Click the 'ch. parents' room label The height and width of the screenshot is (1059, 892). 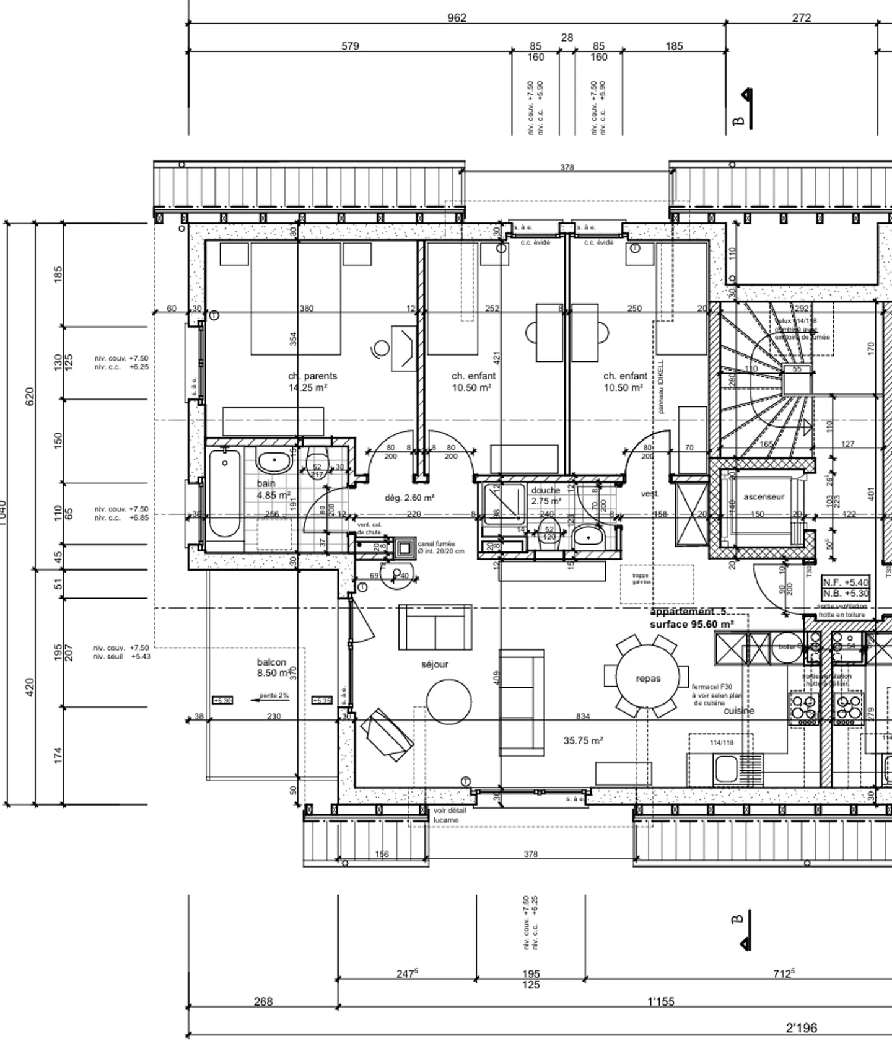(x=312, y=376)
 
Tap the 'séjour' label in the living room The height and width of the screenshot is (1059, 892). (x=434, y=664)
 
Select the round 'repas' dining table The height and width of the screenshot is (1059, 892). (x=648, y=679)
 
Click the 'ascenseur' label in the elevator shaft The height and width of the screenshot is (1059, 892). (x=763, y=497)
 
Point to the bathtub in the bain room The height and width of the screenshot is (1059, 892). (x=224, y=493)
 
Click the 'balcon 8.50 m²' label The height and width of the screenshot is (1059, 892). (x=272, y=667)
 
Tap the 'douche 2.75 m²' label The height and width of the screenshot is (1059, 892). (x=546, y=495)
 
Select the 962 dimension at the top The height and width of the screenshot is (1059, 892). (x=457, y=18)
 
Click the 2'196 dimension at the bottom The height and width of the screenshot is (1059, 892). (x=801, y=1029)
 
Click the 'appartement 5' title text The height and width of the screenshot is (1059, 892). (x=688, y=612)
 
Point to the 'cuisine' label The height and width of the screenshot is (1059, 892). (x=739, y=711)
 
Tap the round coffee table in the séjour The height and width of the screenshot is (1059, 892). (x=449, y=702)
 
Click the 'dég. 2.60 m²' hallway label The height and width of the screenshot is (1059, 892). (x=409, y=498)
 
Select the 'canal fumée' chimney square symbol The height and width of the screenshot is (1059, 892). (x=404, y=548)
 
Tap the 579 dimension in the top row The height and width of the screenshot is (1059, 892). (x=350, y=46)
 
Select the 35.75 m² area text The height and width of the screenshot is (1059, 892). (x=583, y=740)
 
